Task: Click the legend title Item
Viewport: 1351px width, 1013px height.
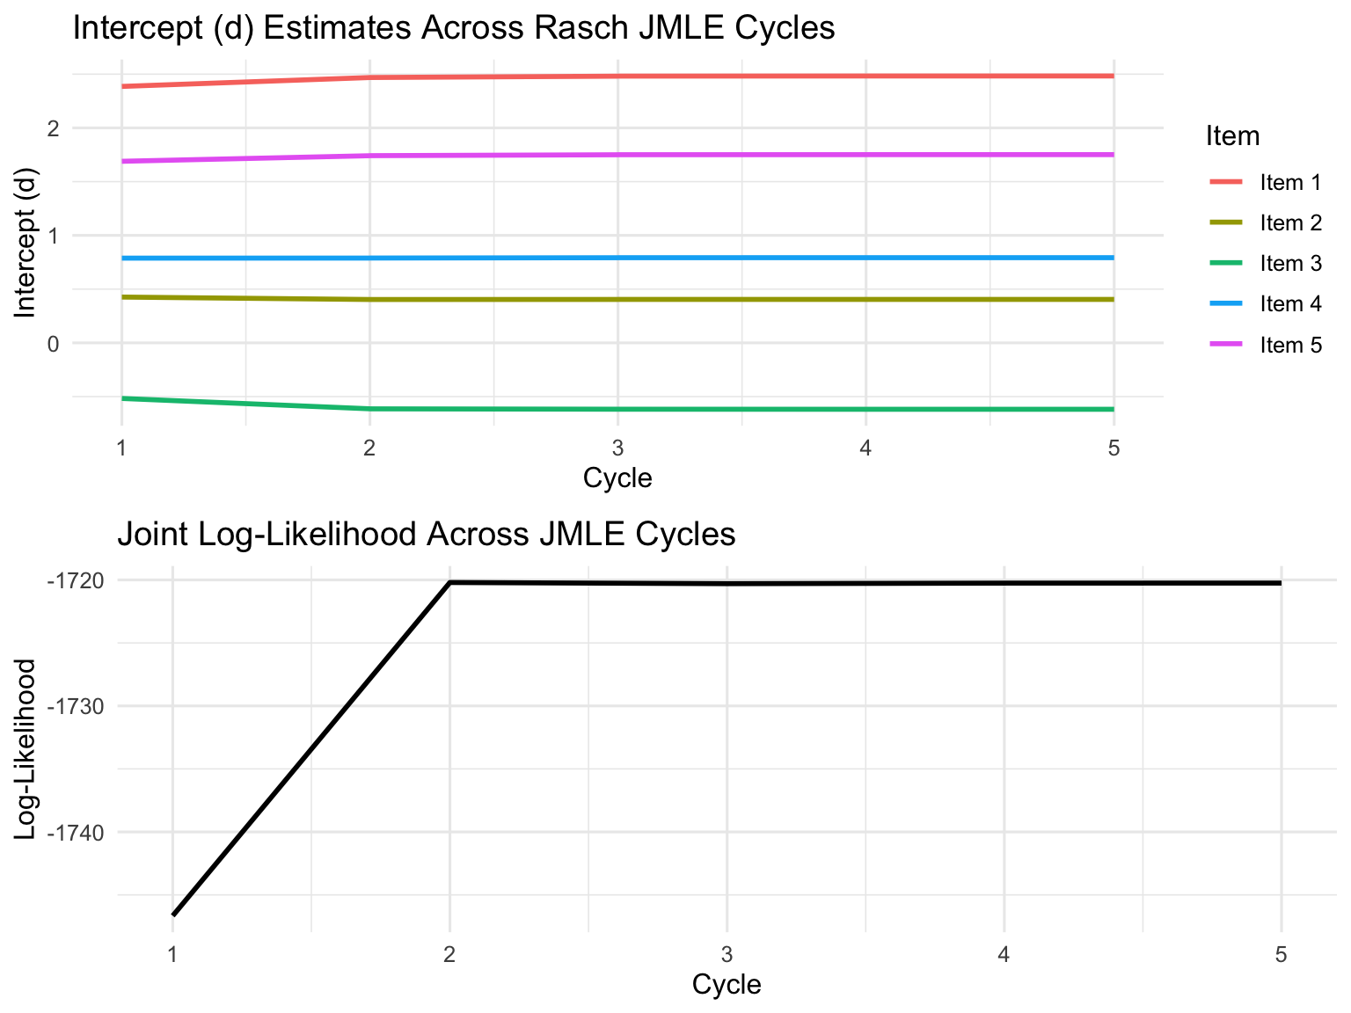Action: (1232, 136)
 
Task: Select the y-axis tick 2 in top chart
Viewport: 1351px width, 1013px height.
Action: (53, 128)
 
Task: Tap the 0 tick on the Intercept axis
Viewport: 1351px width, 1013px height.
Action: (53, 343)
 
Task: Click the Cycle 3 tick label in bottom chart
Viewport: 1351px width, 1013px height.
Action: (727, 954)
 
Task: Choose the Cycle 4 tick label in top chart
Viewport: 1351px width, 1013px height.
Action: (865, 448)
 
